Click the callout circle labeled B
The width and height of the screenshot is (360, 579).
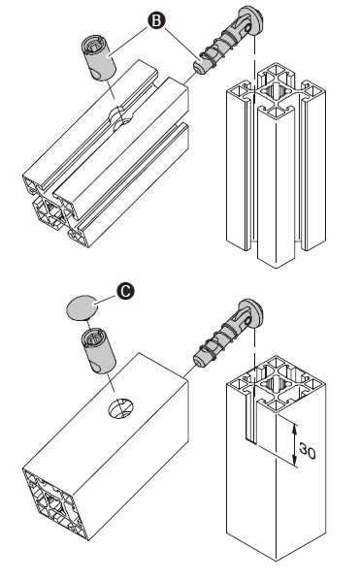(x=156, y=21)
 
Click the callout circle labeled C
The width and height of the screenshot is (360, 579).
(x=126, y=291)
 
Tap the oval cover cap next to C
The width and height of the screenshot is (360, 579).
(x=81, y=307)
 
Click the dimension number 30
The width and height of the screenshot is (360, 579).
(x=308, y=451)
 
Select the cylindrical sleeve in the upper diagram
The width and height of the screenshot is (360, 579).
(x=98, y=57)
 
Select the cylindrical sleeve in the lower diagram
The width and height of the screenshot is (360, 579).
(x=98, y=350)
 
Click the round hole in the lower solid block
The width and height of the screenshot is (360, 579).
(x=120, y=408)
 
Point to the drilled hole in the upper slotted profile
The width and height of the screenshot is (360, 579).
(x=119, y=119)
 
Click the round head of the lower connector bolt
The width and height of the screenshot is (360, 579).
(x=251, y=313)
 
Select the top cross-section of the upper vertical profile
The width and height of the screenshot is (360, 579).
(x=277, y=91)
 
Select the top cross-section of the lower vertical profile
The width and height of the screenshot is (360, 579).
(x=277, y=384)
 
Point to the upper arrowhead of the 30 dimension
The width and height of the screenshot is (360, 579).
(x=295, y=429)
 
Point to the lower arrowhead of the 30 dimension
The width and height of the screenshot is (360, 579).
(x=295, y=461)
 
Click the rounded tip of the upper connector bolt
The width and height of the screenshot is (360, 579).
(x=200, y=68)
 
